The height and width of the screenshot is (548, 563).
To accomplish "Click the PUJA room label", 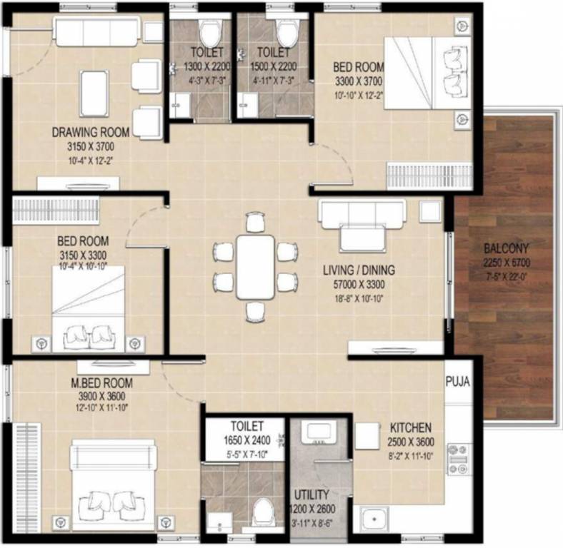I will click(x=457, y=382).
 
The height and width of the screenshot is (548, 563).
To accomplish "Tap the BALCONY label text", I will click(x=506, y=249).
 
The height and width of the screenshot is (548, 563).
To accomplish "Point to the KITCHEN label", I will click(x=410, y=427).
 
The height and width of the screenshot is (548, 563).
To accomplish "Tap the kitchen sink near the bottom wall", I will click(x=373, y=519).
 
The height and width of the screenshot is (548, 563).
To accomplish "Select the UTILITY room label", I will click(x=311, y=494).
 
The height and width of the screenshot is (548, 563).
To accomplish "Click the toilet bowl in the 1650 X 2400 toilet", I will click(x=263, y=512).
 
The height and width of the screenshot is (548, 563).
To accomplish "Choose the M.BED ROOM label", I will click(x=101, y=383).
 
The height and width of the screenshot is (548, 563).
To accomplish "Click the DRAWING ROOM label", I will click(x=91, y=132).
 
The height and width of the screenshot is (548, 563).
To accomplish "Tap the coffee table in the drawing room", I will click(x=94, y=92).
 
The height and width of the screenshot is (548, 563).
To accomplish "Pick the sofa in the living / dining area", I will click(x=362, y=225).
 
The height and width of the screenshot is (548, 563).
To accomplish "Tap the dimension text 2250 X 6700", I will click(x=506, y=262).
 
